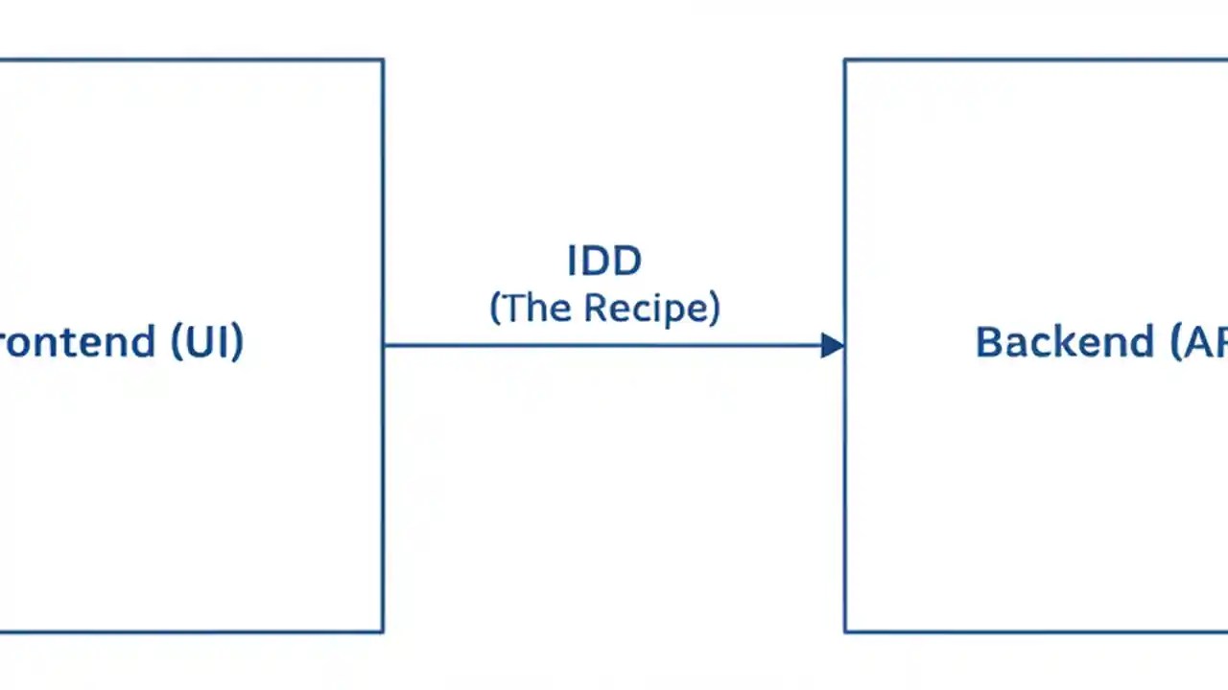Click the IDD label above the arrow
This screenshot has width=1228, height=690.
(x=603, y=261)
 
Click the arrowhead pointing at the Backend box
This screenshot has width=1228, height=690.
(x=832, y=345)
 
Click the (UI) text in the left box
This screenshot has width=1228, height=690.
(x=207, y=342)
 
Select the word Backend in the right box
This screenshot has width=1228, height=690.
(x=1064, y=342)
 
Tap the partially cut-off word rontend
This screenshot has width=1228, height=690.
(x=77, y=342)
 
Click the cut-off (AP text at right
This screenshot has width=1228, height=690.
(x=1199, y=342)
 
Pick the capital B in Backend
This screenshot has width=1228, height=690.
(x=989, y=342)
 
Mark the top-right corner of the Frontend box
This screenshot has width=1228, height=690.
(x=384, y=59)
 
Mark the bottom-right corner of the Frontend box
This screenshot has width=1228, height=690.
(x=384, y=632)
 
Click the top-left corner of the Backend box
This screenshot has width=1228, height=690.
(x=845, y=59)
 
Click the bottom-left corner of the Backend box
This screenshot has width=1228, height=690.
(x=845, y=632)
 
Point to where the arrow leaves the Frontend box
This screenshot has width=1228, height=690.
(x=385, y=345)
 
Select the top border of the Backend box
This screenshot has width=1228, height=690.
(x=1036, y=59)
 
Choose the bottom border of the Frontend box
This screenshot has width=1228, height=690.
(x=192, y=632)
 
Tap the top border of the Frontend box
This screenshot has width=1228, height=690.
(x=192, y=59)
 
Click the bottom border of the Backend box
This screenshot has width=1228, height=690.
(x=1036, y=632)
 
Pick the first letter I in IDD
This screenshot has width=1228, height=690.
(x=571, y=261)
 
